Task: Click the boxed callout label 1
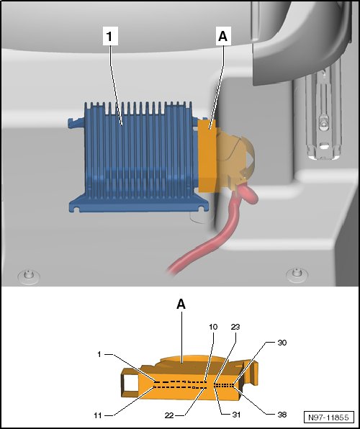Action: [110, 36]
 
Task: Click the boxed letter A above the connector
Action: [223, 36]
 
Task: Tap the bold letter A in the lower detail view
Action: [181, 304]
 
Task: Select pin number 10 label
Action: [213, 327]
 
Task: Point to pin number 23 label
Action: [235, 327]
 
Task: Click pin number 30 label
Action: [282, 343]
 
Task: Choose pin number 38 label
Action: [282, 415]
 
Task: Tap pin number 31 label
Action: [236, 415]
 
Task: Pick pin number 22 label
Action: [169, 415]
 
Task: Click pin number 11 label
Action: [98, 415]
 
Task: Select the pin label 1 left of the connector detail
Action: [99, 354]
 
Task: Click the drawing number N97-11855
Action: [328, 417]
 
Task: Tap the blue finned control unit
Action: [137, 158]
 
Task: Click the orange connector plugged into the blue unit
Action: [207, 156]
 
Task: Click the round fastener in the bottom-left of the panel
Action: [29, 276]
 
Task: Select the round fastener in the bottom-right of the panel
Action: [297, 274]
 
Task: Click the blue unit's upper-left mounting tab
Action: [76, 122]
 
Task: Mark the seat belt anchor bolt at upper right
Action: [323, 125]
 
